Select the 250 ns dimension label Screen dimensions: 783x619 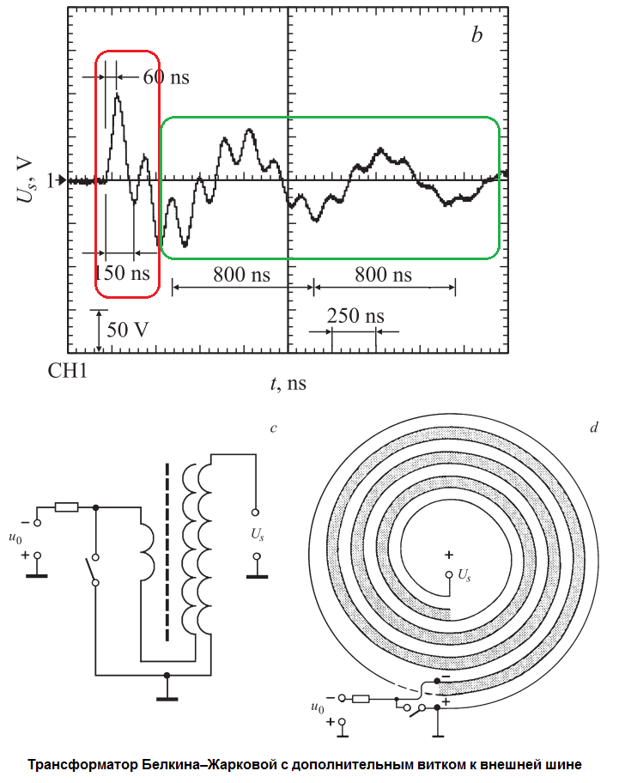355,315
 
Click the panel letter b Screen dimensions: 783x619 477,35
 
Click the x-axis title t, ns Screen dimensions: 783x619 288,384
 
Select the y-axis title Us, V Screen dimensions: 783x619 25,181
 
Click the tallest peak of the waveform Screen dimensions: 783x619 118,95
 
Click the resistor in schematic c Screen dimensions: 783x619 66,507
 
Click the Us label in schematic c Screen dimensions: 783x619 258,534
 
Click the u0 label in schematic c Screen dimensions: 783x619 15,537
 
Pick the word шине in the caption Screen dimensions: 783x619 565,764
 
